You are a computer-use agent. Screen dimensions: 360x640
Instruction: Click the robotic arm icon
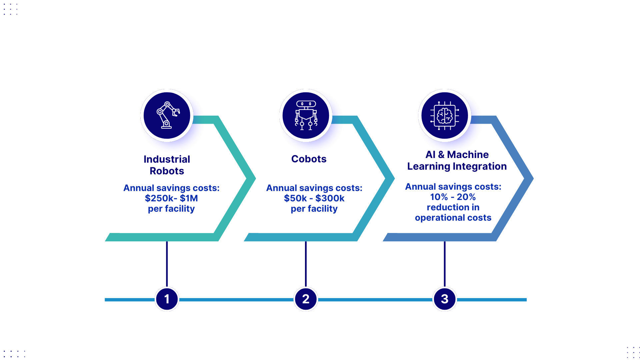167,115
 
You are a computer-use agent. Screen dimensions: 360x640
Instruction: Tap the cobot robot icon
306,115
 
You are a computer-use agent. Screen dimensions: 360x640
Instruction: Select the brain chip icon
445,115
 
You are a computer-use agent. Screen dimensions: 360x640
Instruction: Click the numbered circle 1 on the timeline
167,299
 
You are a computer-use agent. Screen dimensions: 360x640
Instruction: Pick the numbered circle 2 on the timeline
306,299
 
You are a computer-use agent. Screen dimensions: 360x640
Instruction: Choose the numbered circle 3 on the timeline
445,299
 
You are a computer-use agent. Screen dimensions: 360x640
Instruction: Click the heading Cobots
309,159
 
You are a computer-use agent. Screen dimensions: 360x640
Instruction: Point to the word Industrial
167,159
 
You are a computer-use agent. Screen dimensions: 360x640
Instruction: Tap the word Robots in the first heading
167,171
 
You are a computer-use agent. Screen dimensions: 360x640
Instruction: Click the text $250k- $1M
171,198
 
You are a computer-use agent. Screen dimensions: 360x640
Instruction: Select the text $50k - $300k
314,198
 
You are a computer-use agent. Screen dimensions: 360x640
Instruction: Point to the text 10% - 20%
453,197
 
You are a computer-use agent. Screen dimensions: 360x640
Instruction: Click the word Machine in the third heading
468,155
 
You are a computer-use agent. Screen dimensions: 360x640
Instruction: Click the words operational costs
453,218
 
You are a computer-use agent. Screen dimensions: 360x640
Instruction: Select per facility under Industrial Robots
171,209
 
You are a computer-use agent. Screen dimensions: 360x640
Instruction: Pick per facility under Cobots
314,209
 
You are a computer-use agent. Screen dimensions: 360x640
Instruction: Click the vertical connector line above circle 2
306,263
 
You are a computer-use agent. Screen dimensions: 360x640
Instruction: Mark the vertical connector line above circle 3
445,263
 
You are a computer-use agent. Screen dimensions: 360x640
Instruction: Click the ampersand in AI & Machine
441,155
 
